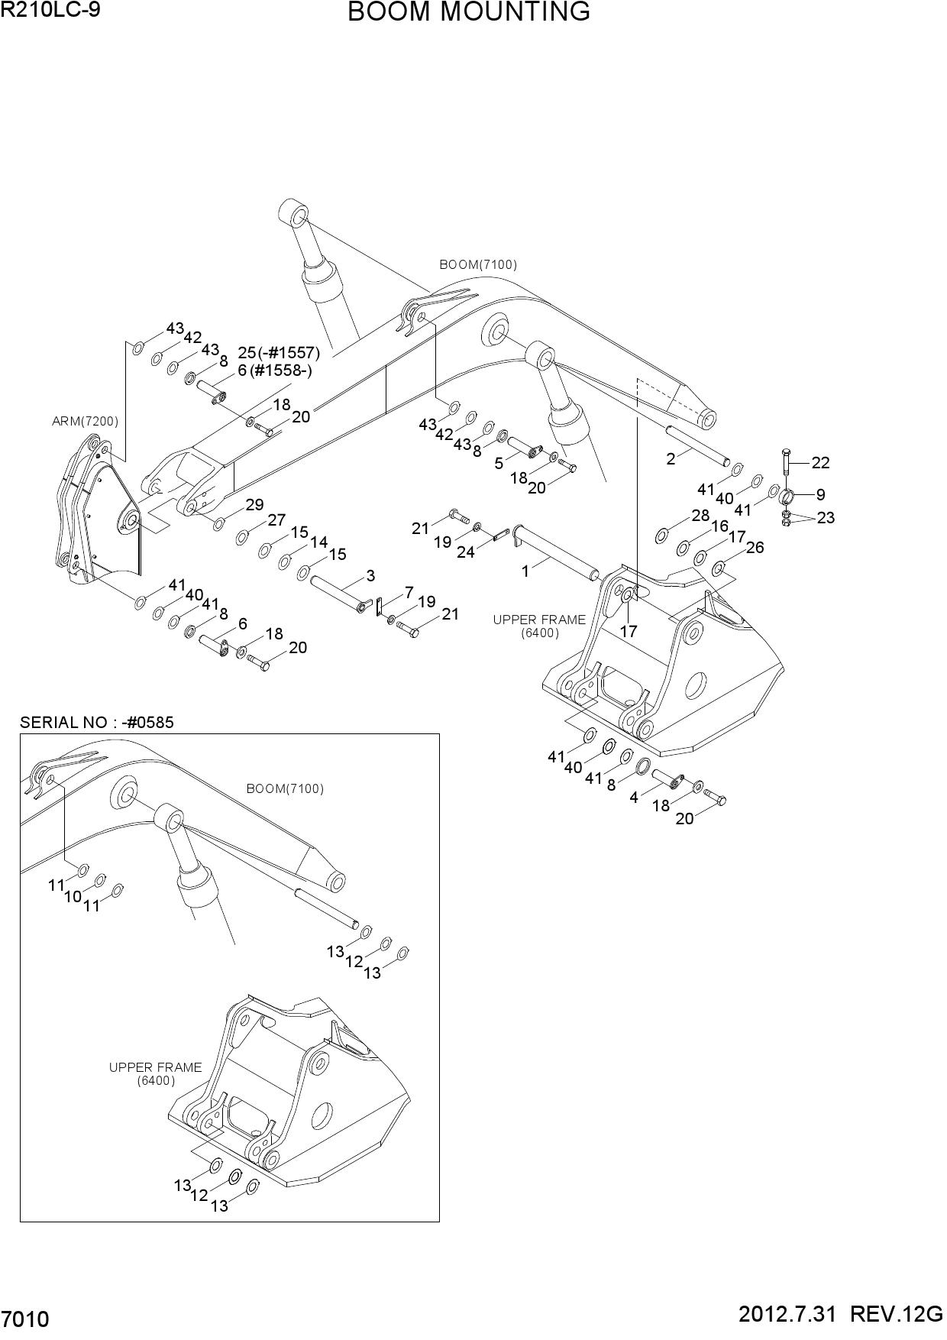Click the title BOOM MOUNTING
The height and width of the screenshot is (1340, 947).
(469, 12)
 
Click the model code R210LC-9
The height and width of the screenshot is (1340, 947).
(50, 10)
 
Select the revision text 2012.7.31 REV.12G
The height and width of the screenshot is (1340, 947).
(842, 1315)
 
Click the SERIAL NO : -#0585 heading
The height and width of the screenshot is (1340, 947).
(97, 722)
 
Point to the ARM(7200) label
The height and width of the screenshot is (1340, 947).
(85, 421)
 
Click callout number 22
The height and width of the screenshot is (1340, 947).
(821, 463)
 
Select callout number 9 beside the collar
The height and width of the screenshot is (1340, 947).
(821, 494)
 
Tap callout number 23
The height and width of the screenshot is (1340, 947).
(826, 518)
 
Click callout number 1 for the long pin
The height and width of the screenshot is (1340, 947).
(525, 571)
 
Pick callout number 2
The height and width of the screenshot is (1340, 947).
(671, 459)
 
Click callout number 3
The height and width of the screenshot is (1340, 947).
(370, 575)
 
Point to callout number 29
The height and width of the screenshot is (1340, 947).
(254, 505)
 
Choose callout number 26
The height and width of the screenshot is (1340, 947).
(755, 548)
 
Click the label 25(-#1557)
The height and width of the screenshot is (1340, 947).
(279, 353)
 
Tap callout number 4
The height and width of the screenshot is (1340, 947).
(634, 798)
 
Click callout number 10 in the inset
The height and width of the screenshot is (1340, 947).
(73, 897)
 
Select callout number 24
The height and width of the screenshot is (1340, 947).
(466, 552)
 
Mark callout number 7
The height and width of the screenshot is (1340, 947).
(409, 593)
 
